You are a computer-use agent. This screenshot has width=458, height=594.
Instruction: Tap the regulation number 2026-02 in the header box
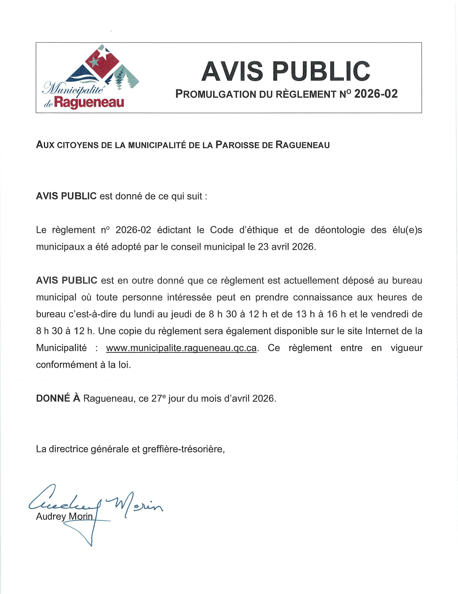point(376,94)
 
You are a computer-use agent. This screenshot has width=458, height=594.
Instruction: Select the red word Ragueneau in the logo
point(89,103)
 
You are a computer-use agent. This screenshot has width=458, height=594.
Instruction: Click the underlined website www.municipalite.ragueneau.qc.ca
point(181,348)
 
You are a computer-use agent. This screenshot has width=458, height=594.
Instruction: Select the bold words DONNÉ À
point(58,398)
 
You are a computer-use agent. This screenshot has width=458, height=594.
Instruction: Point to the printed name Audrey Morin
point(64,516)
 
